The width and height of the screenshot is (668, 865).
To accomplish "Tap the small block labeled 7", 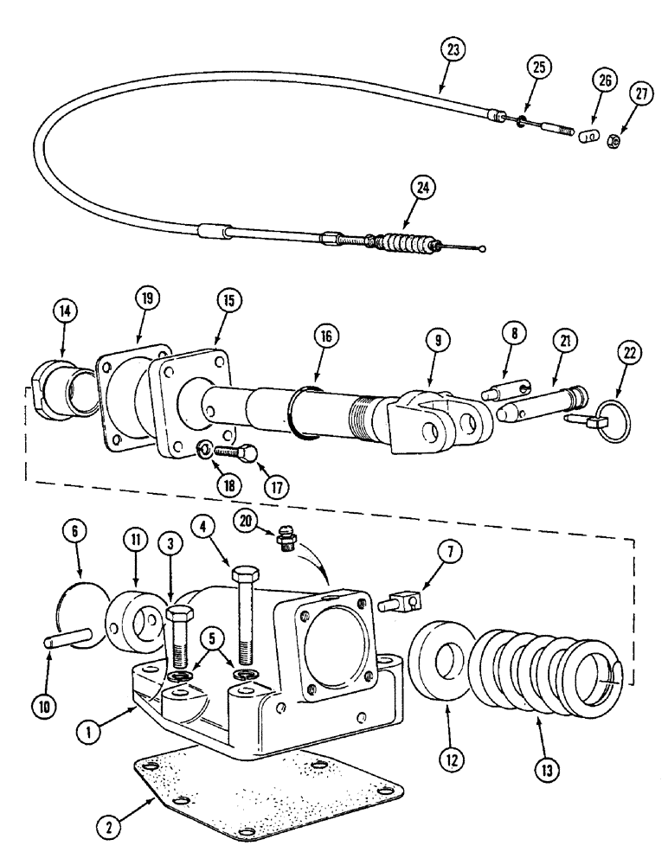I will (408, 597).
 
